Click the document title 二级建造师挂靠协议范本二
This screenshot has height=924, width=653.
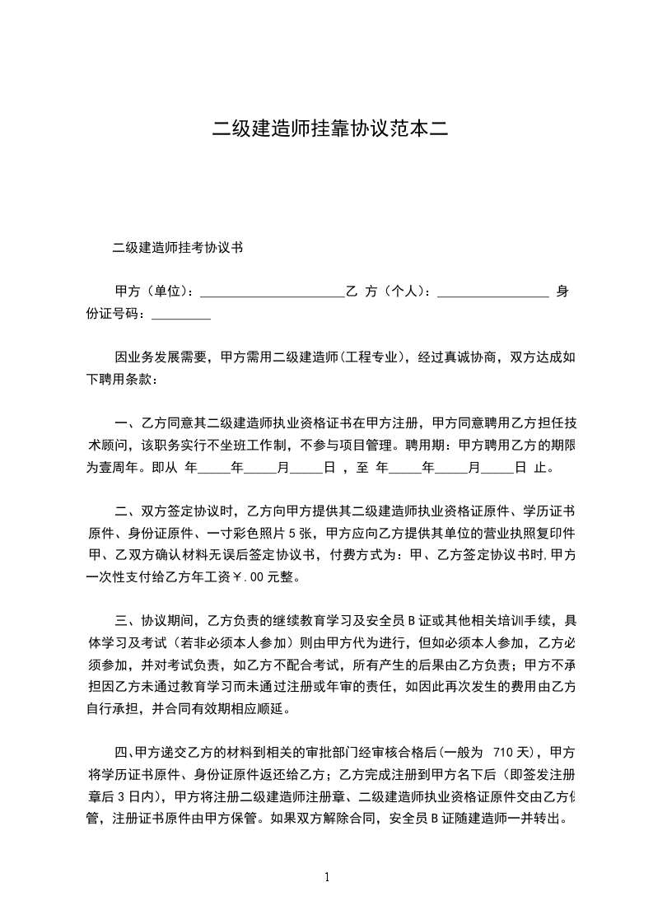click(326, 129)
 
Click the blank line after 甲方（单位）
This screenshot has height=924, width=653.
click(272, 293)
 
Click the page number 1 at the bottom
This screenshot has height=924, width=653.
click(327, 878)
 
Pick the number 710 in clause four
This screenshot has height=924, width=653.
click(506, 753)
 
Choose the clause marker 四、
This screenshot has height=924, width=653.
click(125, 753)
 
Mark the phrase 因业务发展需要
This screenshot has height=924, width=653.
click(156, 358)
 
